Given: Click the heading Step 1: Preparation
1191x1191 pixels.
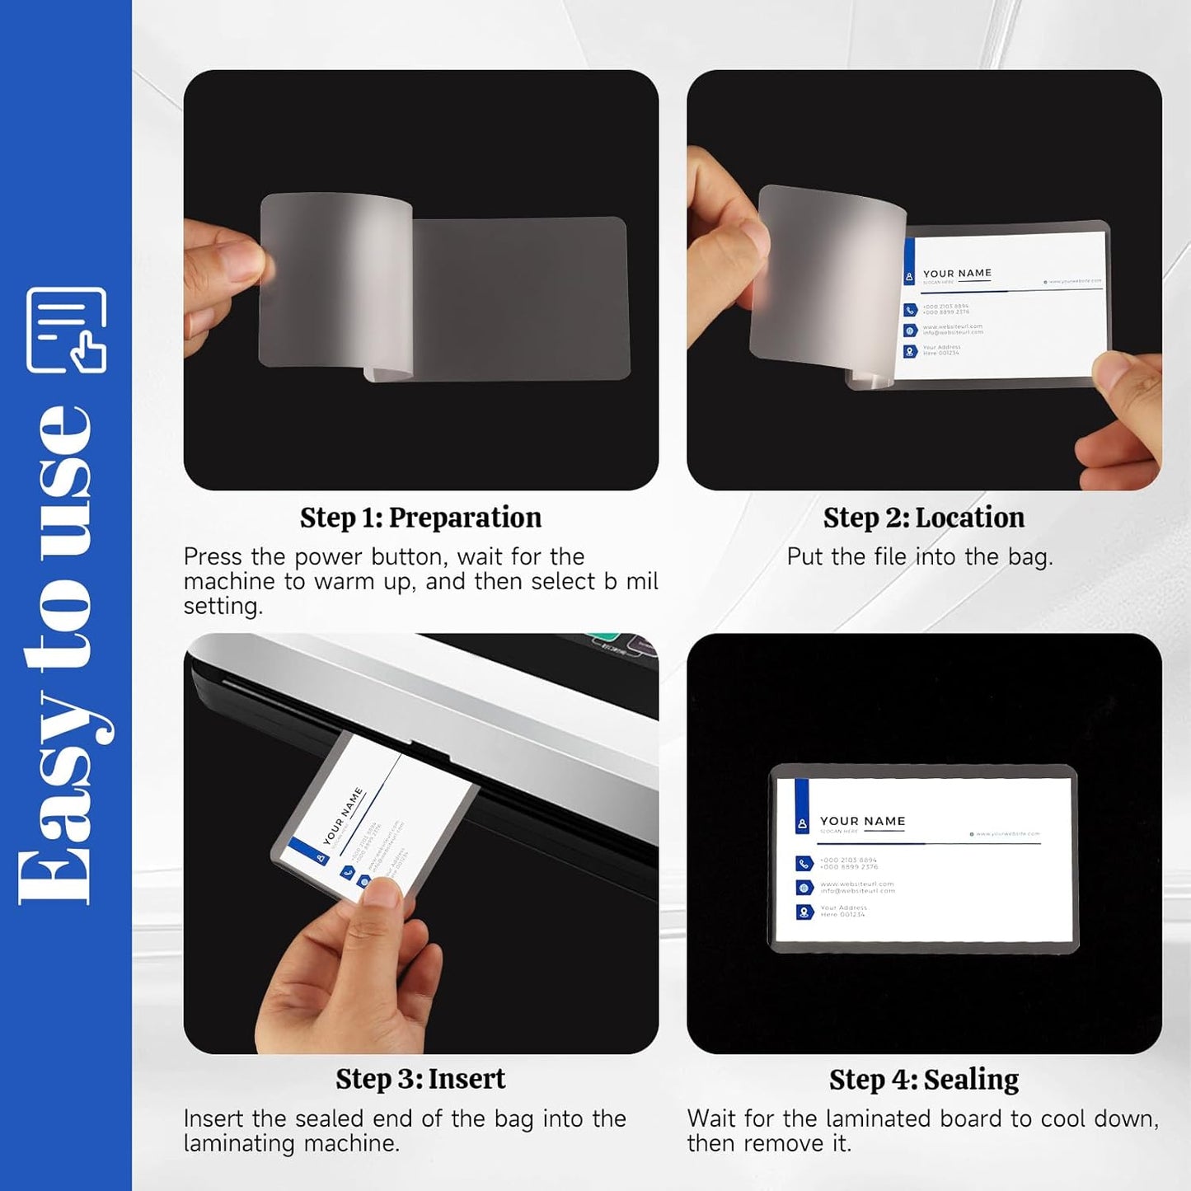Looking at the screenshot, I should pos(420,518).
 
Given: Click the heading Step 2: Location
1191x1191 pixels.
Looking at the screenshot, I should pos(923,518).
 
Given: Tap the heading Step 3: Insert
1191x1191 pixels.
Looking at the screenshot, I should pos(420,1079).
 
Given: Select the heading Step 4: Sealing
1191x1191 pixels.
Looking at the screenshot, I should pos(923,1079).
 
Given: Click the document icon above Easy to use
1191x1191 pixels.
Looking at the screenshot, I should pos(66,330).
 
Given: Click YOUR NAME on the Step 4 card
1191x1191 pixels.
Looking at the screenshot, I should pos(862,821).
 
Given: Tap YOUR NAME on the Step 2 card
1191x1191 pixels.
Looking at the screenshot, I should pos(957,273).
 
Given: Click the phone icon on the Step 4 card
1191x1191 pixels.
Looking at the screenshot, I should pos(804,864).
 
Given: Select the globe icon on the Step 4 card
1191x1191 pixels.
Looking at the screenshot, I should pos(804,888).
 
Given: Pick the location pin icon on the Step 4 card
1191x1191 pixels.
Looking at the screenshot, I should pos(804,912).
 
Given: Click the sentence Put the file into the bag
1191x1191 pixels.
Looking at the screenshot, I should pos(920,557).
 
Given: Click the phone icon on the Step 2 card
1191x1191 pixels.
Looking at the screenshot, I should pos(910,310).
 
